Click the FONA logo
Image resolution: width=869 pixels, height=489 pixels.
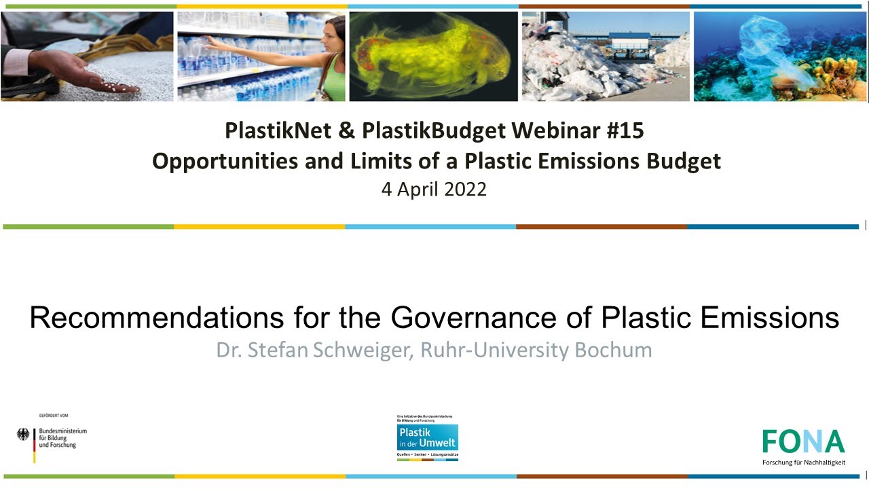tap(803, 441)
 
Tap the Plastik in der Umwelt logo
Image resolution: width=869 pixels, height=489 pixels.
tap(428, 438)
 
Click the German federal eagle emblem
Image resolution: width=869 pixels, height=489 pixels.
tap(23, 435)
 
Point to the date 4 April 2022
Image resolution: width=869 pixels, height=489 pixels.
tap(434, 189)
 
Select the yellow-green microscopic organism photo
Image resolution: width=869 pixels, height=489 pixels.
tap(433, 56)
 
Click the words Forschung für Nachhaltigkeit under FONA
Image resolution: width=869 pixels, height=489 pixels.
tap(804, 463)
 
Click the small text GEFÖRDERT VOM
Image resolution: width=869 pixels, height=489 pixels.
tap(53, 415)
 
